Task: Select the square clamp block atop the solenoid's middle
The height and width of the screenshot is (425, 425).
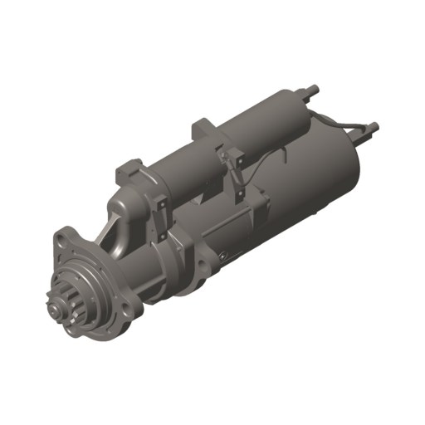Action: [206, 130]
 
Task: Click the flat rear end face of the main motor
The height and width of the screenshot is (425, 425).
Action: [353, 178]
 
